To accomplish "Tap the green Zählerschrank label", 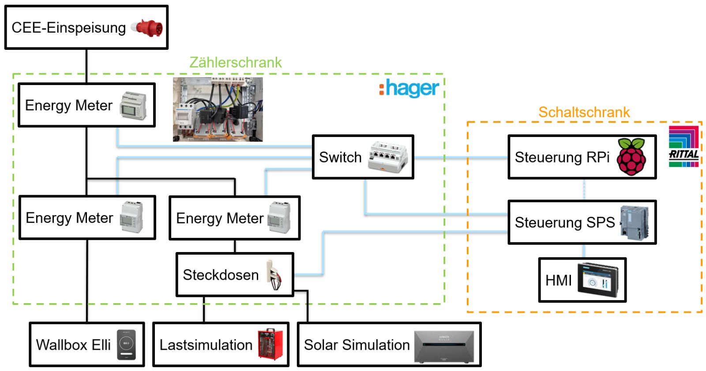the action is (x=236, y=62).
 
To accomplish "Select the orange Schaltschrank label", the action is (x=584, y=112).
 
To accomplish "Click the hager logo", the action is (x=409, y=88).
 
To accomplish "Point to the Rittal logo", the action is (x=683, y=146).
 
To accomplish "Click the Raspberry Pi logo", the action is (x=631, y=156).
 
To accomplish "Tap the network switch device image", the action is (x=388, y=157).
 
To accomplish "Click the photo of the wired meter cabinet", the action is (x=218, y=109).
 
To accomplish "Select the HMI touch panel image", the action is (x=598, y=280).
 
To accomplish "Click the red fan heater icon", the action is (x=270, y=344).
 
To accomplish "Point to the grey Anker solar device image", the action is (x=444, y=347).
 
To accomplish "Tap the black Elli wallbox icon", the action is (x=126, y=345).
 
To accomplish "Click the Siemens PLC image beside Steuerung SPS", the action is (x=635, y=223).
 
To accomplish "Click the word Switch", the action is (x=340, y=157).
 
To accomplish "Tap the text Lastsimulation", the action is (x=206, y=345).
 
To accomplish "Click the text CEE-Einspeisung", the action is (x=69, y=28).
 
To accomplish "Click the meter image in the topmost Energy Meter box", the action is (x=133, y=105).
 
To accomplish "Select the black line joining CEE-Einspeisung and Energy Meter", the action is (x=86, y=66).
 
